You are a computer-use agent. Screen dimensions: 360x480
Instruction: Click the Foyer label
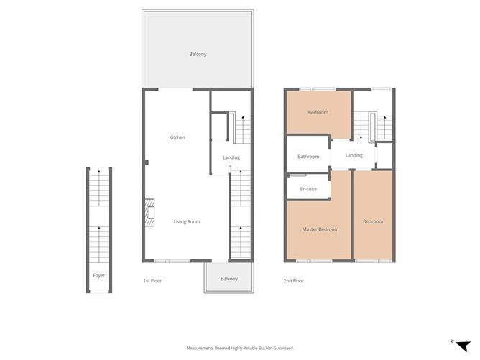click(98, 275)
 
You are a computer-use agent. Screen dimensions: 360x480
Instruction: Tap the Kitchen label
click(177, 137)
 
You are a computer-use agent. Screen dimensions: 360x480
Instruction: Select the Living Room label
click(187, 221)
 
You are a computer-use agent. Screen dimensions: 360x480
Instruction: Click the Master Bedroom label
click(320, 229)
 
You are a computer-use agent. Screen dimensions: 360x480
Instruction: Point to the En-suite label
click(308, 189)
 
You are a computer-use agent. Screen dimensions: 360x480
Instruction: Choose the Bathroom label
click(308, 157)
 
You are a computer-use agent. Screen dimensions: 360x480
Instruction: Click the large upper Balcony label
click(198, 55)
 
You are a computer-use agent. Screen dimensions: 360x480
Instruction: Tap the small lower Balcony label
click(229, 279)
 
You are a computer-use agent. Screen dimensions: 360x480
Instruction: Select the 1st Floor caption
click(152, 280)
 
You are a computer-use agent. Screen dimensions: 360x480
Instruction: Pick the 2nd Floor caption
click(294, 280)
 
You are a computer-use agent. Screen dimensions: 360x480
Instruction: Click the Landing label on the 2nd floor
click(354, 155)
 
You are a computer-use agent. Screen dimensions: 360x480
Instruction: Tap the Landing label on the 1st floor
click(231, 157)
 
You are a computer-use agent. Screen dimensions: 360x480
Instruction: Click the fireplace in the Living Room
click(149, 213)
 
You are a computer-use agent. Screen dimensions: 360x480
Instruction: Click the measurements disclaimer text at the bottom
click(240, 348)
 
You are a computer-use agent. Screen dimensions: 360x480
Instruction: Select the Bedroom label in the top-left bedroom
click(318, 112)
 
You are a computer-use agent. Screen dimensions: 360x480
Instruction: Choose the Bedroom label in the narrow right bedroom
click(373, 221)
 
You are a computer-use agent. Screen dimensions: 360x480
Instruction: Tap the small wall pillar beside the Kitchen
click(145, 162)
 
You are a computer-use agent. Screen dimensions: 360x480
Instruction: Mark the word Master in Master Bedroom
click(310, 229)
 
